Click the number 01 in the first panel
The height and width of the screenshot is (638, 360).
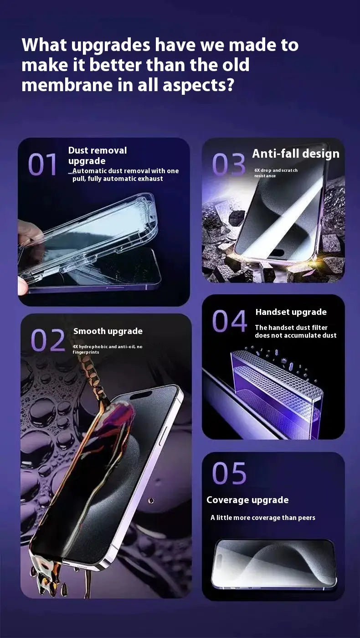(x=42, y=165)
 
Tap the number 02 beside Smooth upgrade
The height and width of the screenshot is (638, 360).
(x=48, y=340)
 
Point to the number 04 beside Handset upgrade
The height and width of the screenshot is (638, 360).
(x=229, y=321)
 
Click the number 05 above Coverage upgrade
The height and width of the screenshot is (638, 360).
(x=229, y=473)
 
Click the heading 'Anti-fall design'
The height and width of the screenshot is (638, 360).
(x=296, y=154)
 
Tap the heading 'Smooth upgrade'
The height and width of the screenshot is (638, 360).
(x=108, y=331)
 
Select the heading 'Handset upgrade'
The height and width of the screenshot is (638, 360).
(x=291, y=312)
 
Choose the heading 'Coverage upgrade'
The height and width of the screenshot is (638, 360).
(x=247, y=500)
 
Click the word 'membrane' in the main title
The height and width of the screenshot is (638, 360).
(x=67, y=85)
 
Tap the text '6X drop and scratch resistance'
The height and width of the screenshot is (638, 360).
(x=276, y=173)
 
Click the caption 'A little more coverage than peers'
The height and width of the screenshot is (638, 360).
(x=263, y=518)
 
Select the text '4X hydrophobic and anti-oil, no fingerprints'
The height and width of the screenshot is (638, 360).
(x=108, y=349)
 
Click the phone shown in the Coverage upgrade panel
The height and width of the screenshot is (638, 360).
(x=274, y=564)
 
